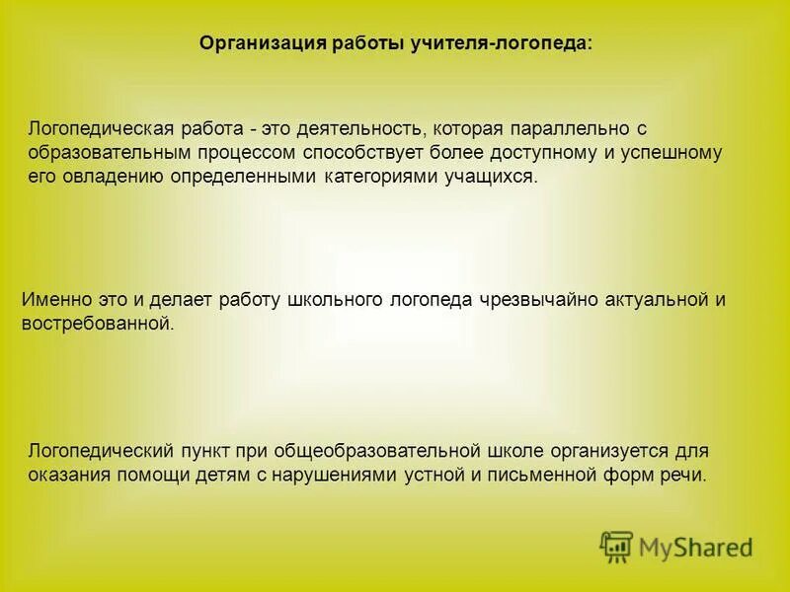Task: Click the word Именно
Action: click(x=55, y=300)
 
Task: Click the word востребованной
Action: click(x=97, y=324)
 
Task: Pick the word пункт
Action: click(x=204, y=451)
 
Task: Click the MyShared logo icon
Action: click(x=617, y=547)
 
